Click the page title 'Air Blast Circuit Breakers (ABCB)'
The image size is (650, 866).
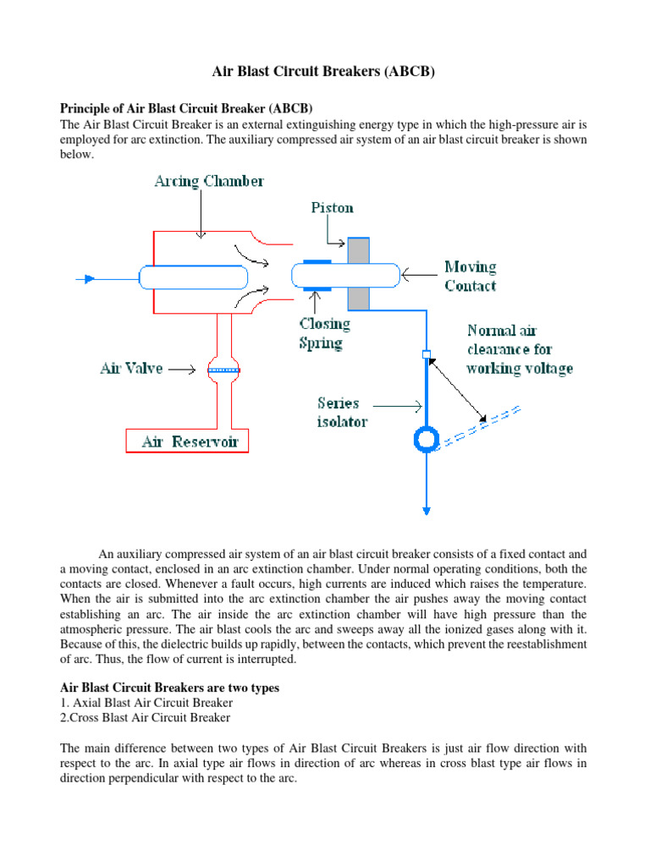click(x=324, y=73)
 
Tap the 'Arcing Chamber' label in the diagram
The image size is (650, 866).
click(x=209, y=181)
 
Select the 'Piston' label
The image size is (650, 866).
click(x=332, y=207)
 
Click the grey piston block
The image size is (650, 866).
click(x=359, y=273)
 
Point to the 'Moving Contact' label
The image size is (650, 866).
click(x=471, y=277)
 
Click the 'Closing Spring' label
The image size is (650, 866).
click(x=325, y=333)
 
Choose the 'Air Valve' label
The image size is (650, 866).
click(x=131, y=369)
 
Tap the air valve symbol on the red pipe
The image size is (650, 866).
click(x=224, y=370)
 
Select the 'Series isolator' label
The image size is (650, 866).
click(x=343, y=412)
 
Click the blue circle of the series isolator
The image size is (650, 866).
click(x=426, y=439)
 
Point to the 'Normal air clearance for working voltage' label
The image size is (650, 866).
click(x=519, y=349)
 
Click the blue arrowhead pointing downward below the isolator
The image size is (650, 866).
click(x=427, y=509)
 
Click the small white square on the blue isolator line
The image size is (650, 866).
click(x=427, y=354)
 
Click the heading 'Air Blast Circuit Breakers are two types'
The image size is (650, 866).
click(x=169, y=688)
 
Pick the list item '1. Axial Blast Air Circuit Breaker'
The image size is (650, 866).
click(x=146, y=703)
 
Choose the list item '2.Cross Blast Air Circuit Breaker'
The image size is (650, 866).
click(x=146, y=717)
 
